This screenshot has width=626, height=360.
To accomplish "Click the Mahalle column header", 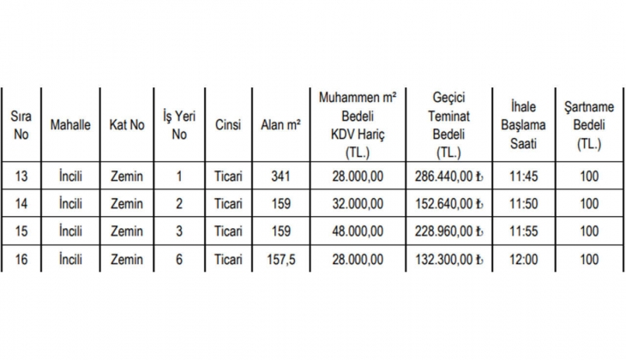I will point(70,125).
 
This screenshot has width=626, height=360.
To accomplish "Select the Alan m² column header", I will point(280,125).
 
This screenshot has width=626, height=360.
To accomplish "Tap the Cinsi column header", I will point(228,125).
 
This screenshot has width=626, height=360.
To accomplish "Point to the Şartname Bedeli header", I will point(589,125).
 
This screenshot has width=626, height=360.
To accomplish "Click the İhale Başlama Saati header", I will point(523,125).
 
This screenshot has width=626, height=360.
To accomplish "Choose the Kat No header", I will point(127,125).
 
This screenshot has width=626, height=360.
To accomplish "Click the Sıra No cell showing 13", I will point(22,177).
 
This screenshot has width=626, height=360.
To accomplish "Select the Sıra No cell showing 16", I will point(22,259).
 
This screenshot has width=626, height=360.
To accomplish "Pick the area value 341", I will point(280,177).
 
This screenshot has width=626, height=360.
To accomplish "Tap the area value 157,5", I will point(280,259).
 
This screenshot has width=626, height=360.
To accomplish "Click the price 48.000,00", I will point(358,231).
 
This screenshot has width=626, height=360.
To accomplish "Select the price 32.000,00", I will point(358,204).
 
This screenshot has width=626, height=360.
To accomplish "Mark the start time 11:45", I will point(523,177).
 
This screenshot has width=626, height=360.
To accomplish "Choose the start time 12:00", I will point(523,259).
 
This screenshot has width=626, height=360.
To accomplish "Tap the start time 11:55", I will point(523,231).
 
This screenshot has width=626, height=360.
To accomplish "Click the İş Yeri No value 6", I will point(179,259).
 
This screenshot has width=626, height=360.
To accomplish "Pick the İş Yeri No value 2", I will point(179,204).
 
